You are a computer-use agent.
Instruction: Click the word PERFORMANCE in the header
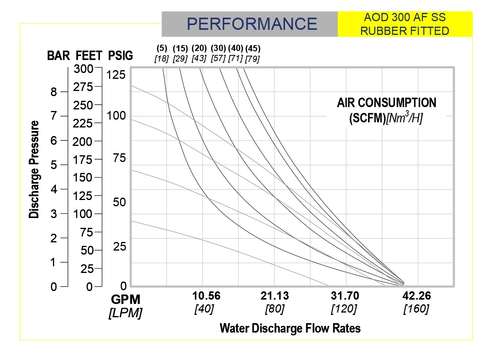click(x=252, y=24)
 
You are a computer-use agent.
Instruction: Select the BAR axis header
click(x=58, y=56)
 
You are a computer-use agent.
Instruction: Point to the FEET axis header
click(x=89, y=56)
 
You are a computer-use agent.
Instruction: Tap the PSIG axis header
click(x=120, y=56)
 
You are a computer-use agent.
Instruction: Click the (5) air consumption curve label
click(x=162, y=49)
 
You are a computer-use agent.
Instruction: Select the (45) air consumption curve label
click(x=253, y=49)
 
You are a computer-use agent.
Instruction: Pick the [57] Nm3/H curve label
click(x=218, y=58)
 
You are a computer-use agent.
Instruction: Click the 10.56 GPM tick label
click(x=206, y=296)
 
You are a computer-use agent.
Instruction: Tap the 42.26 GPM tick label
click(x=416, y=296)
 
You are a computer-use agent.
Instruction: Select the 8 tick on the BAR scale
click(x=53, y=92)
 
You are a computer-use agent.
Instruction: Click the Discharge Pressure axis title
click(x=34, y=169)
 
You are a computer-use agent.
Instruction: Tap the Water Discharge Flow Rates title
click(x=290, y=328)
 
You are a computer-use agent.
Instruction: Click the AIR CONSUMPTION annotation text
click(x=386, y=103)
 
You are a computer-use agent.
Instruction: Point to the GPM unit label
click(x=125, y=299)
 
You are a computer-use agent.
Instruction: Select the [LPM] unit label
click(x=125, y=313)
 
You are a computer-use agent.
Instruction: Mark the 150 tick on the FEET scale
click(x=83, y=177)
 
